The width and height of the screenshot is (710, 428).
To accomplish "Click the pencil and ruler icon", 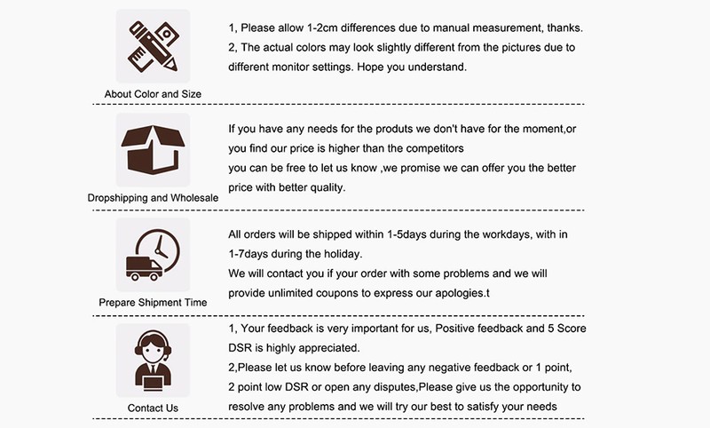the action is click(153, 46).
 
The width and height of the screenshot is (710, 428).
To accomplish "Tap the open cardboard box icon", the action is click(153, 150).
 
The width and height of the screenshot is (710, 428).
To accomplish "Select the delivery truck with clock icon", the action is click(153, 255).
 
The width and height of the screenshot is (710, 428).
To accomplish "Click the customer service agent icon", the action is click(153, 361).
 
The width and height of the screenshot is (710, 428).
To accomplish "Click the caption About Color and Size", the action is click(153, 94).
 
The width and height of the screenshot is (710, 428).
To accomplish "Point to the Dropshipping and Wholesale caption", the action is click(153, 198).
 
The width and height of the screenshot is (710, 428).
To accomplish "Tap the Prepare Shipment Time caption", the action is click(153, 303).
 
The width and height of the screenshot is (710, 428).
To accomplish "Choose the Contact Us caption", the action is click(153, 408).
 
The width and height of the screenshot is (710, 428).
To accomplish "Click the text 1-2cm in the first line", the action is click(322, 28).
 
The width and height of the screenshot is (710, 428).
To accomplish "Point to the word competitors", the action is click(435, 148).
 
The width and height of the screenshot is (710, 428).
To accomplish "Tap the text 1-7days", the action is click(248, 254).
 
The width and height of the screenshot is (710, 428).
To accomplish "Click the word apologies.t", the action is click(462, 294).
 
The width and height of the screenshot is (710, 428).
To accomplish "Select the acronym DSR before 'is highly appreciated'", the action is click(240, 348).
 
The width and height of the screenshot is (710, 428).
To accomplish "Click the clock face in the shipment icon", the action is click(159, 251).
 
